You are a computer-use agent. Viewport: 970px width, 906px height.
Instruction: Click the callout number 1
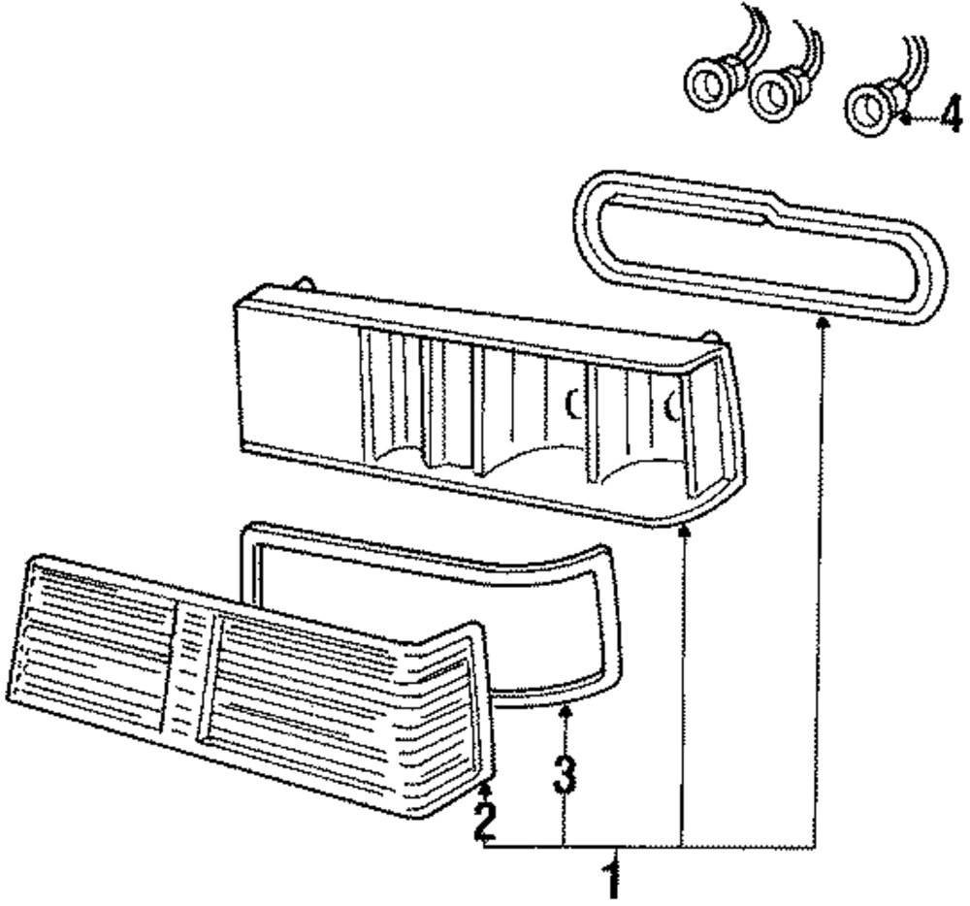coord(611,878)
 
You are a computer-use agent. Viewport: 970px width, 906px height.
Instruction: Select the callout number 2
coord(485,821)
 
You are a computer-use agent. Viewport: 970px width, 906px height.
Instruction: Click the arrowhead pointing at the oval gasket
coord(823,322)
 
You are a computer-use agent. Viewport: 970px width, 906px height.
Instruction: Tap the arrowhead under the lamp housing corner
coord(685,529)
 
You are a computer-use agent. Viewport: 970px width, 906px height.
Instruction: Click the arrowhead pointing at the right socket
coord(904,119)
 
